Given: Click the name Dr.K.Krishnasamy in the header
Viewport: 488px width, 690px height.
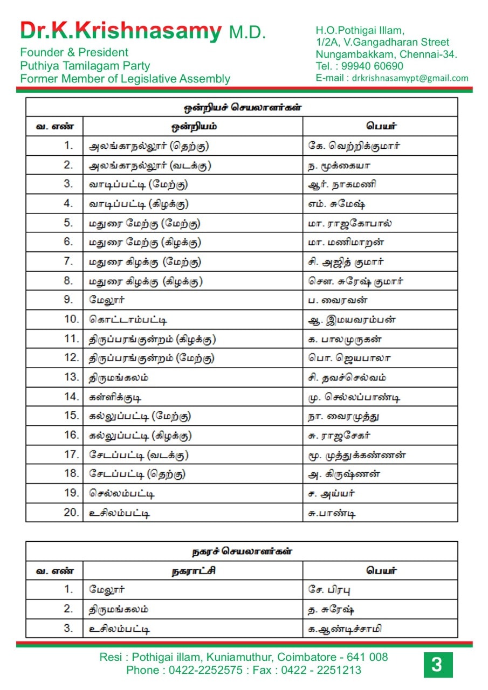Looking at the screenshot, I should [121, 31].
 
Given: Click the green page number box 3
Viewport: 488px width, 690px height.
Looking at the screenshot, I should [437, 665].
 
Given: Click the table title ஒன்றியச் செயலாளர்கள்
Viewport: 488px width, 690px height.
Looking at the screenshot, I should [242, 107].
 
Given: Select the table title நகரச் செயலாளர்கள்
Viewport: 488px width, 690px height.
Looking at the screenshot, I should [242, 551].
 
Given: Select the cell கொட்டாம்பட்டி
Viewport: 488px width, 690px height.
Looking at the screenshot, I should [128, 319].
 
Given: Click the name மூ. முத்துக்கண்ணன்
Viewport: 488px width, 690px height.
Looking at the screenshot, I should [357, 455].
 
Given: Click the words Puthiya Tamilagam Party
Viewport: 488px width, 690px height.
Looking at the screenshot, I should [85, 66].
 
